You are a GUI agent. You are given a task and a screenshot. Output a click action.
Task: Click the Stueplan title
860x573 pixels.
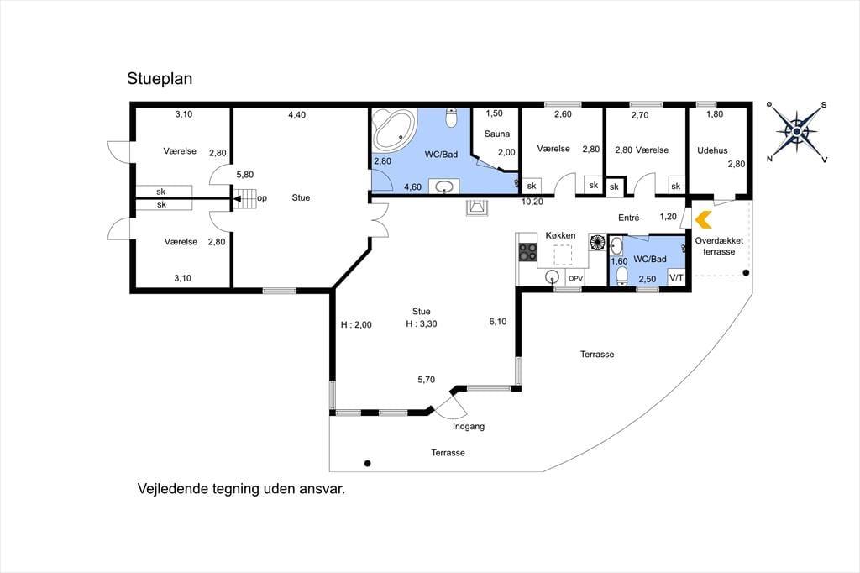(160, 79)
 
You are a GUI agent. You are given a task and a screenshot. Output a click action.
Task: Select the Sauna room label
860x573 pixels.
(497, 134)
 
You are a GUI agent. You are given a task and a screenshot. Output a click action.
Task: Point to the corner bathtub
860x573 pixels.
(393, 129)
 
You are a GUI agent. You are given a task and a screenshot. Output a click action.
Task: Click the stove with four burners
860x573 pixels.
(527, 252)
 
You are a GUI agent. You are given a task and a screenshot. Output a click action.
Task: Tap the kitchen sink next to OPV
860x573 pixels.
(553, 277)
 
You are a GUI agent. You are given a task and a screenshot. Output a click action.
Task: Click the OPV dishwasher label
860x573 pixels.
(575, 279)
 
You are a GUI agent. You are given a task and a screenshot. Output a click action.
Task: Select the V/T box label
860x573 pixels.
(676, 278)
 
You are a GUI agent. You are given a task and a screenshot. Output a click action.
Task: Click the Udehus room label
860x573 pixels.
(712, 150)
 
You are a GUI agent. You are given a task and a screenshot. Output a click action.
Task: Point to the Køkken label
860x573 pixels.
(560, 235)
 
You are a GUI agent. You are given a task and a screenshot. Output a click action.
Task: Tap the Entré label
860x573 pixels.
(628, 218)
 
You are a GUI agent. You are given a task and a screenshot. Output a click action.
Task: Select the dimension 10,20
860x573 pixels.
(532, 202)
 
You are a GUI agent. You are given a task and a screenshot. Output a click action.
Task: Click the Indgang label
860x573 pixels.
(469, 427)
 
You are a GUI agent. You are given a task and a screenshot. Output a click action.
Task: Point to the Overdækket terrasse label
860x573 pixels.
(719, 246)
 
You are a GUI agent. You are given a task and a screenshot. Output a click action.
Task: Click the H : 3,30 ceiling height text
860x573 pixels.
(422, 323)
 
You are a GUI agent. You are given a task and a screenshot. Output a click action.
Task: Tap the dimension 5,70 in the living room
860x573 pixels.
(426, 380)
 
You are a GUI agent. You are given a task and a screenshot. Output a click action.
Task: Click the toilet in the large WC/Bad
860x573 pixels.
(451, 118)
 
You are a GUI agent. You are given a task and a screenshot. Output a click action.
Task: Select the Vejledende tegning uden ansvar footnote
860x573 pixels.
(241, 489)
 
